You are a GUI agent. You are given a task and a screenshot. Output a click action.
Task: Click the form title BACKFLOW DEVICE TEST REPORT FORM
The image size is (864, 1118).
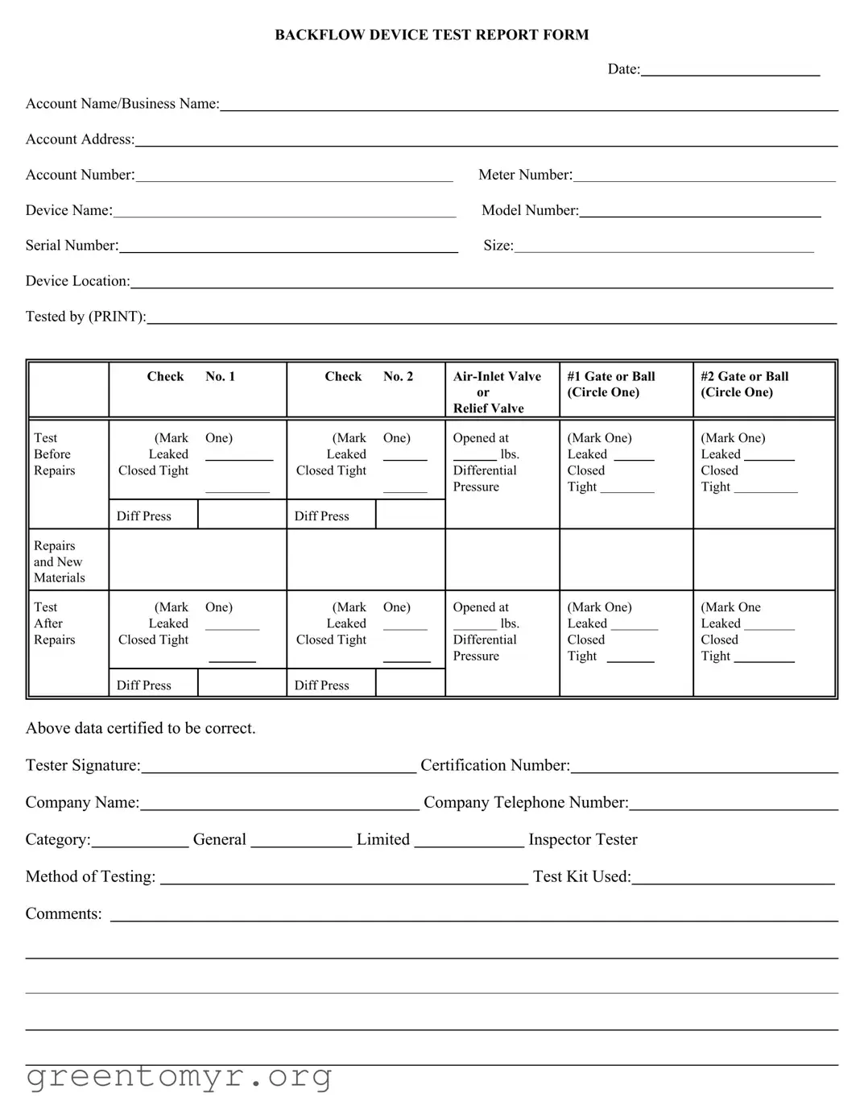[432, 35]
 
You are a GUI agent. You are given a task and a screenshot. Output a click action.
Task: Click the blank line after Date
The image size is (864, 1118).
[730, 71]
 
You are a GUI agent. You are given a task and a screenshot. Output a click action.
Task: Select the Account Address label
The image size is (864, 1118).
[80, 139]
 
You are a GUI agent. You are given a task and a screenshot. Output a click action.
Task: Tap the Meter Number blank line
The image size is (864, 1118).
[704, 176]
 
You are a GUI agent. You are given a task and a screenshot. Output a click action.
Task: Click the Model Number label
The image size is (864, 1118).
[530, 210]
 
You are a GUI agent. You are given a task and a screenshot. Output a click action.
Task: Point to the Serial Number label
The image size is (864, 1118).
[72, 246]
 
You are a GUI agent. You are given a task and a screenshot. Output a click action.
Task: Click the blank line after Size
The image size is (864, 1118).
[664, 247]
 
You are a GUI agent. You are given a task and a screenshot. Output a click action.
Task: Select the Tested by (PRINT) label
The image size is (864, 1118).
[85, 317]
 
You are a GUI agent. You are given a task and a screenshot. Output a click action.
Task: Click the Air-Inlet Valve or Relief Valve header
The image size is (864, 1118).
[496, 391]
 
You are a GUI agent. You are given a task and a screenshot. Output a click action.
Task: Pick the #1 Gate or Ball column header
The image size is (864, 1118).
[610, 384]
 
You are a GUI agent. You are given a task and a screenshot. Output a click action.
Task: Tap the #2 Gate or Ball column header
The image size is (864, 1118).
[744, 384]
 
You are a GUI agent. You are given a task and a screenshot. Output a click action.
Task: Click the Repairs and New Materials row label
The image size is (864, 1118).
[59, 561]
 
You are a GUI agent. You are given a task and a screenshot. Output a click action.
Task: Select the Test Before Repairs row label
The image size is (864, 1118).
[54, 454]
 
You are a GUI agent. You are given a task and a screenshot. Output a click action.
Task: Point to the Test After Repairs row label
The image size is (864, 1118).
[54, 623]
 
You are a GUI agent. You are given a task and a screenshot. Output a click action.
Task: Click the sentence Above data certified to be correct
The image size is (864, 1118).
[140, 728]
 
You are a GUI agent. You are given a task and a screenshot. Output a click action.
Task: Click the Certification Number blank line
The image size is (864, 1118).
[704, 768]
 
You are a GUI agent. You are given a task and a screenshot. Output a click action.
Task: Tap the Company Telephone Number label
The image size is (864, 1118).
[526, 802]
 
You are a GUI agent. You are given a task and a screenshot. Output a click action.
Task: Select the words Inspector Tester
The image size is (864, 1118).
[582, 839]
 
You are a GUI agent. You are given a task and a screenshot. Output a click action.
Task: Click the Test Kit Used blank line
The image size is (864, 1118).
[733, 880]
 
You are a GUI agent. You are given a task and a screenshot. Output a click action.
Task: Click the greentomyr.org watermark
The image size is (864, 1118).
[179, 1076]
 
